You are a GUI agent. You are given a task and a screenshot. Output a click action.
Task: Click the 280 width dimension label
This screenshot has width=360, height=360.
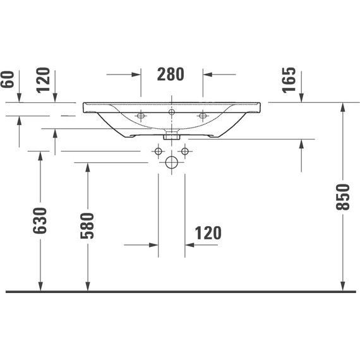click(171, 74)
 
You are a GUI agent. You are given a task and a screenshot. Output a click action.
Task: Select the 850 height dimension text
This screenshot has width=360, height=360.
click(342, 197)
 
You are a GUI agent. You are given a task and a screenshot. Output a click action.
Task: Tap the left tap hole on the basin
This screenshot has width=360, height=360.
click(141, 116)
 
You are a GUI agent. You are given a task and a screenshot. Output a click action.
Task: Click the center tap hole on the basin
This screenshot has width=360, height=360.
click(171, 112)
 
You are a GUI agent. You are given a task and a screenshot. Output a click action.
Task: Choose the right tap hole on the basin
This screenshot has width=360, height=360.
click(202, 116)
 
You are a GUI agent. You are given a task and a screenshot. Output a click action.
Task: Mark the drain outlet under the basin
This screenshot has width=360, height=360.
click(171, 135)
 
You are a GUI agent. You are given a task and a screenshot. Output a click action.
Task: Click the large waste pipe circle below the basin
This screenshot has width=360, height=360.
click(171, 163)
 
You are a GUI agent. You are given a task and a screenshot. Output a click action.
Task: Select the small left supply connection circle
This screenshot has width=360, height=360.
click(157, 151)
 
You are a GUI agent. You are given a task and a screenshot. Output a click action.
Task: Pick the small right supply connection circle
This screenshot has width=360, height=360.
click(185, 151)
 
